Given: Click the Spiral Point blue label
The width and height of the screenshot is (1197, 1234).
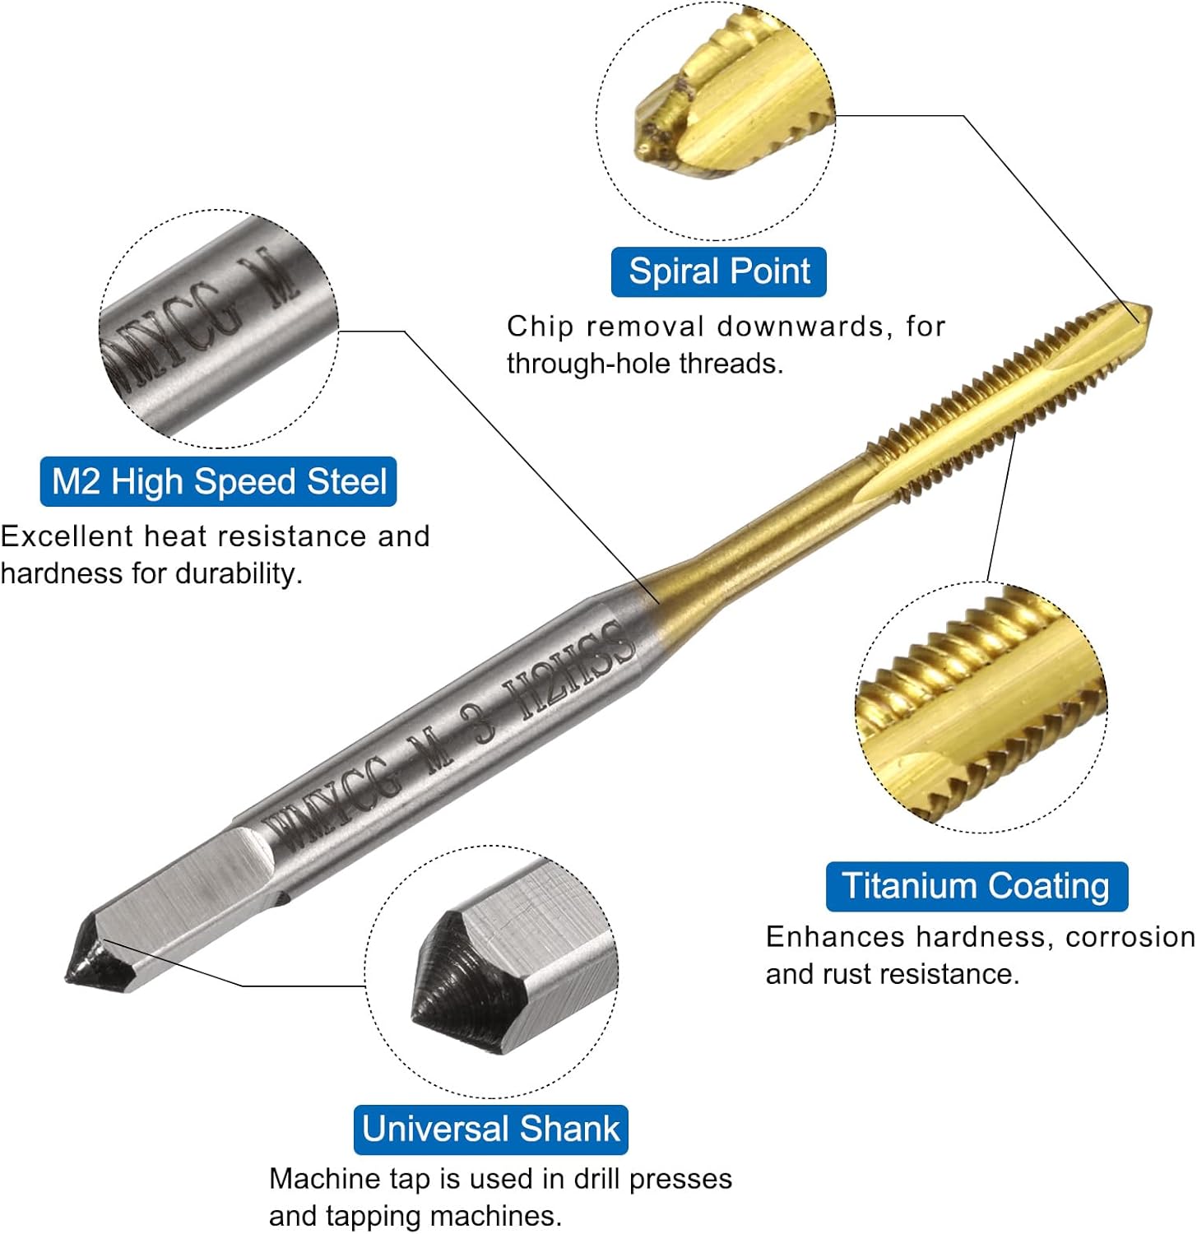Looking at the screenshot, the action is coord(718,271).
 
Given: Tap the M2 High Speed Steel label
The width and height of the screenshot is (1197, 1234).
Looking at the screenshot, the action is coord(218,481).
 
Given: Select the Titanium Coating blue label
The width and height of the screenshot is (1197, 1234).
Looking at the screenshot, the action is coord(976,886).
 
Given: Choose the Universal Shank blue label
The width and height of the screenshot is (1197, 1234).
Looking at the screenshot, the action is coord(490,1129).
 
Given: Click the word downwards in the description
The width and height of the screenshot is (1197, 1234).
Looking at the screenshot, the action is coord(800,327).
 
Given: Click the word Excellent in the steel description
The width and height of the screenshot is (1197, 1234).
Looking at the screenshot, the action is coord(66,536).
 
